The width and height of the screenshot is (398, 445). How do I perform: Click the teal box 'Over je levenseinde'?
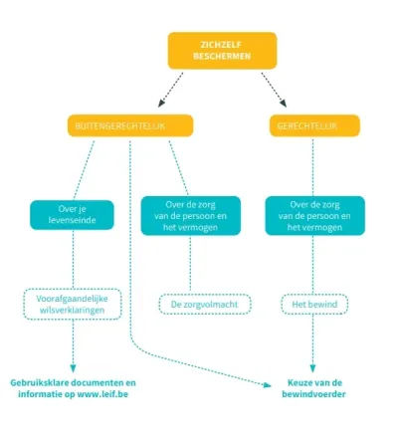(x=72, y=213)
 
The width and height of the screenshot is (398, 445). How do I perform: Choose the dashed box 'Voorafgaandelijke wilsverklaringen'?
(x=73, y=303)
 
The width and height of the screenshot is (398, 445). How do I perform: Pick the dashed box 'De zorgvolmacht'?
(x=205, y=303)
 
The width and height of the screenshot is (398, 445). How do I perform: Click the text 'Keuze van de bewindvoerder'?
(x=312, y=387)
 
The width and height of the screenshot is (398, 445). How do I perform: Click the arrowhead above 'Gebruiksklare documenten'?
(x=73, y=364)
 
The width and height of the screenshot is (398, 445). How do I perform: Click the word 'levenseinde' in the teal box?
(x=72, y=219)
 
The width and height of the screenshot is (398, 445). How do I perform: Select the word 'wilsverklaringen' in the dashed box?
(x=73, y=310)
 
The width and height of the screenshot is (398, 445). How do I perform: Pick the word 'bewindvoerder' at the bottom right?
(x=312, y=393)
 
